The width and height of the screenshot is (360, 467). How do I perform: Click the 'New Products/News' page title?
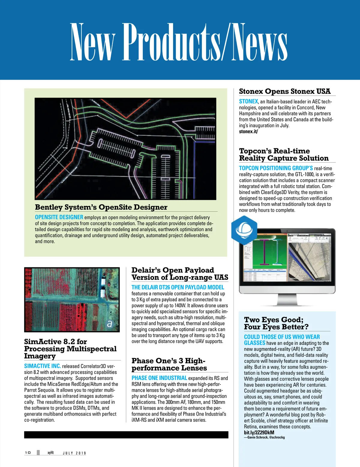click(179, 42)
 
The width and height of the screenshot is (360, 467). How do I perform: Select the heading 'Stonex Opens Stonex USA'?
click(284, 91)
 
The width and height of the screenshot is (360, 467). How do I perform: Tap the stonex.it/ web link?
click(248, 132)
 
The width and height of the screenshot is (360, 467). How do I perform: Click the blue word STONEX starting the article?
click(248, 102)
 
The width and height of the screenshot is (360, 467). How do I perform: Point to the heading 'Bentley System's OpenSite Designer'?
click(101, 207)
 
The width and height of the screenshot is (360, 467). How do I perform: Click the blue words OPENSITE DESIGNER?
click(59, 217)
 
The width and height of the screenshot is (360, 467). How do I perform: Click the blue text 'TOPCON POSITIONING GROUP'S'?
click(276, 168)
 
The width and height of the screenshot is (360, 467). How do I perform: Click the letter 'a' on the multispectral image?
click(109, 323)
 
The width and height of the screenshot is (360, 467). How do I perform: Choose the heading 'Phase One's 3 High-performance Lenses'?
click(169, 364)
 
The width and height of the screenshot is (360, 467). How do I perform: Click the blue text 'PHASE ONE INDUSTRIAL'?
click(159, 378)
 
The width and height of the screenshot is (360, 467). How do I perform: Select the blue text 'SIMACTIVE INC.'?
click(42, 366)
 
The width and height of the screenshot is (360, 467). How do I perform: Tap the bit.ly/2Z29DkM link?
click(259, 433)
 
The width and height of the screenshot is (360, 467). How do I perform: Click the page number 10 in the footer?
click(28, 453)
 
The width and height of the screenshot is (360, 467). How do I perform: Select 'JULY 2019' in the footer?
click(74, 453)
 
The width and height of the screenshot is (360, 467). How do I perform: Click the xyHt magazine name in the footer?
click(50, 453)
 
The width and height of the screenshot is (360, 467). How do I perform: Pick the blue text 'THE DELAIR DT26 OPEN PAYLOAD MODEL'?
click(178, 287)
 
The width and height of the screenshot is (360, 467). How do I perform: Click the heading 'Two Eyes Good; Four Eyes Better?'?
click(276, 323)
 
